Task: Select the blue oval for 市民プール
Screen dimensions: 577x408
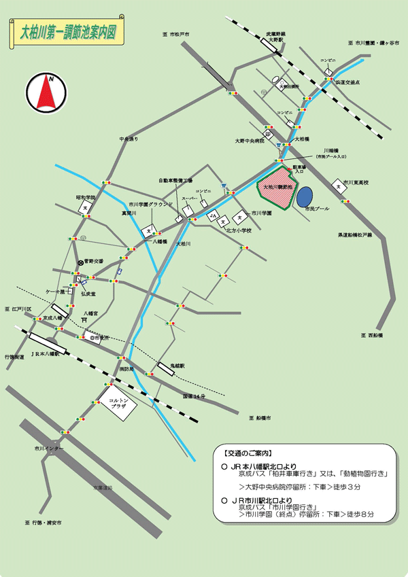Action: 304,197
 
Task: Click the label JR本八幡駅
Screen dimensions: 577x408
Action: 46,354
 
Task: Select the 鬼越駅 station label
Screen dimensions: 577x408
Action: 177,365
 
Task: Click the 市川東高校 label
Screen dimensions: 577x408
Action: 360,182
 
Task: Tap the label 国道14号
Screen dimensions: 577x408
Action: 194,396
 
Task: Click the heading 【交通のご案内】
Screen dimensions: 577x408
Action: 247,453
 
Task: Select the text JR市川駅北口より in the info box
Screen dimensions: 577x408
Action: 261,500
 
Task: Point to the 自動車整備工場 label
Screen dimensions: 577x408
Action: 175,181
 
